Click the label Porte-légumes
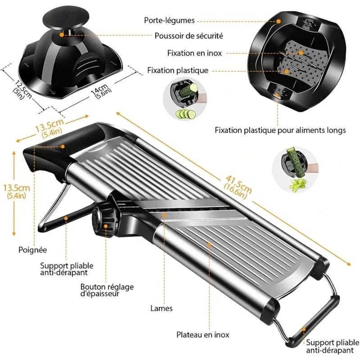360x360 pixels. tap(170, 20)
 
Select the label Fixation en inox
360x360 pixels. tap(194, 53)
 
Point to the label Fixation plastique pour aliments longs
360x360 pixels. tap(280, 130)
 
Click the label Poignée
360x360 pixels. tap(33, 249)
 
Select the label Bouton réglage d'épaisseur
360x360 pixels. tap(107, 290)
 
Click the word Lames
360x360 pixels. tap(162, 309)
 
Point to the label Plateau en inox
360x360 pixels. tap(202, 335)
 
